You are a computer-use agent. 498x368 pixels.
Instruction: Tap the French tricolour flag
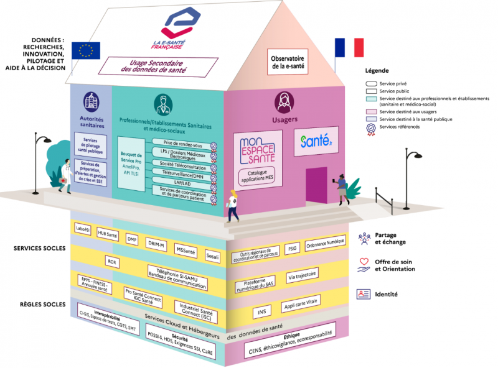[x=349, y=47]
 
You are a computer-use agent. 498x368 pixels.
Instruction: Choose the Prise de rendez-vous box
[x=182, y=144]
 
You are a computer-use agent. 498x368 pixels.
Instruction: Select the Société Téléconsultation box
[x=182, y=166]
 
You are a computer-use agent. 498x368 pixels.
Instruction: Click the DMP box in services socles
[x=132, y=239]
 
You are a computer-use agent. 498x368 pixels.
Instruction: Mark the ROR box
[x=112, y=262]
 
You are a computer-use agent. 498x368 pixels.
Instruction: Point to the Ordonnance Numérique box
[x=324, y=246]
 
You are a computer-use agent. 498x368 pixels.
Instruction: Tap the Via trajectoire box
[x=303, y=274]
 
